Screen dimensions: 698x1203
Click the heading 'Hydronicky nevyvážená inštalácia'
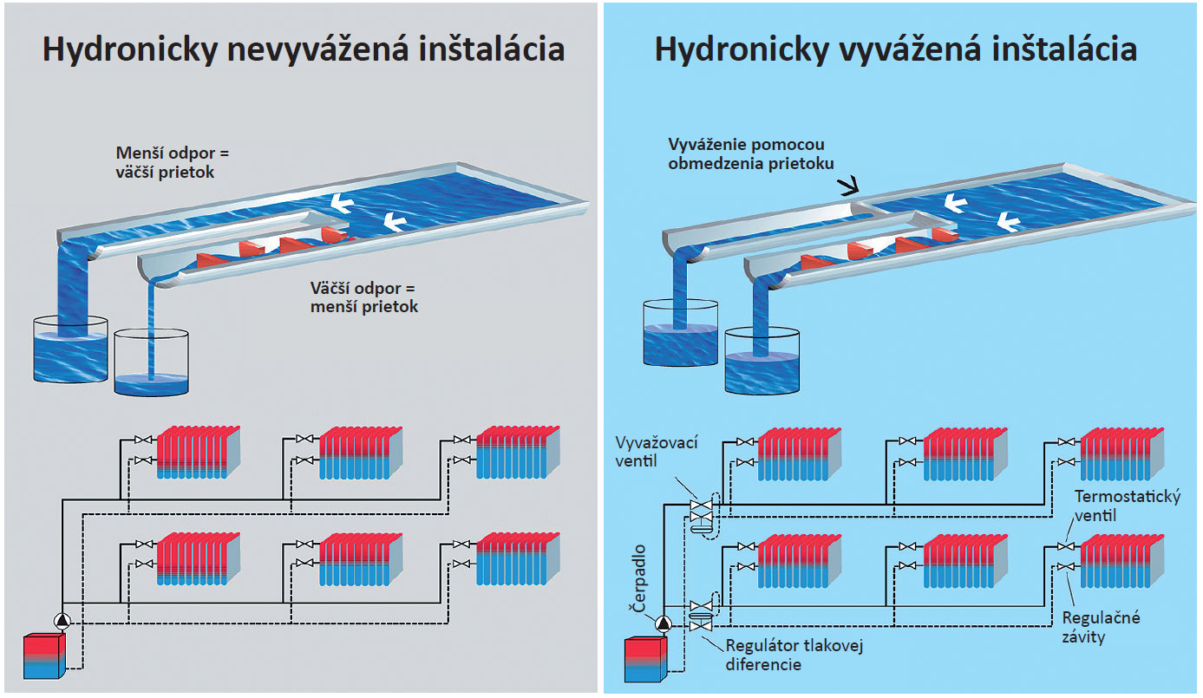[x=304, y=49]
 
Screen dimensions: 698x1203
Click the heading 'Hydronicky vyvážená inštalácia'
[x=896, y=49]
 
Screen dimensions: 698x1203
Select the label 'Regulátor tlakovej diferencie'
[x=794, y=655]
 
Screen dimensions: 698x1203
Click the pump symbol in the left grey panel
[x=63, y=621]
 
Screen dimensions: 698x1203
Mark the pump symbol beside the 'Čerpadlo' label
[x=664, y=622]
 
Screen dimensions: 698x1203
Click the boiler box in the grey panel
[x=43, y=656]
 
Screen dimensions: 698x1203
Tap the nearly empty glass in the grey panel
[x=151, y=364]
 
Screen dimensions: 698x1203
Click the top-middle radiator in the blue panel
[x=964, y=454]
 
